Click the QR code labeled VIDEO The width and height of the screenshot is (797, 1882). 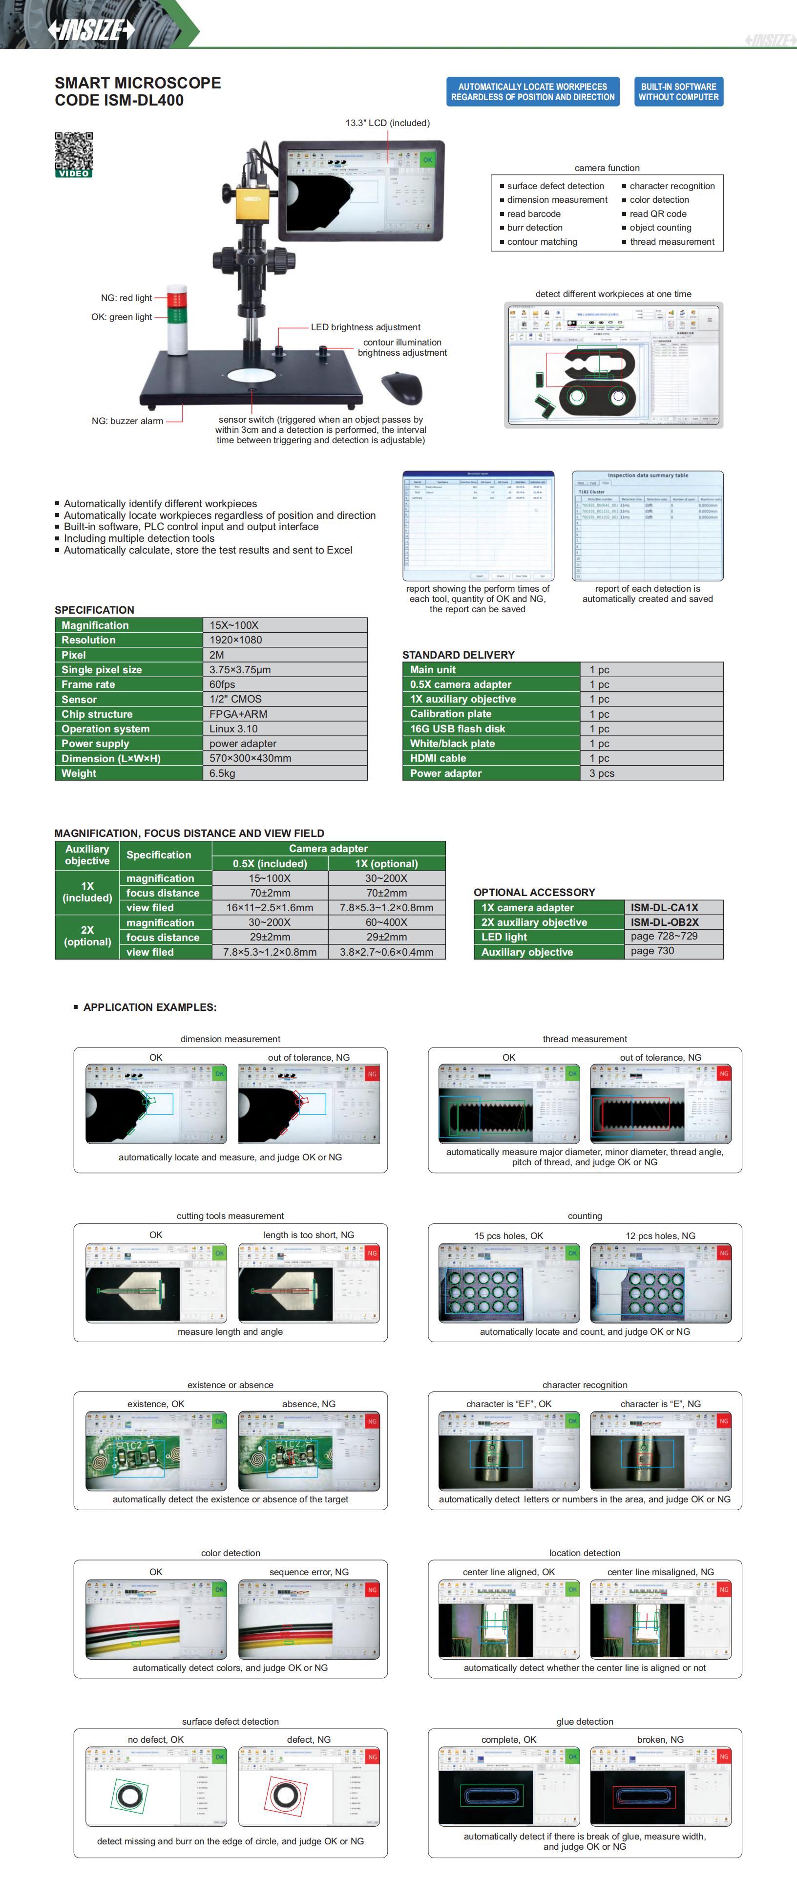(x=74, y=151)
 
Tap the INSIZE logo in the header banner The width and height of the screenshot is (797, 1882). (x=92, y=30)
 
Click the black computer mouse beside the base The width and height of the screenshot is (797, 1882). (x=402, y=387)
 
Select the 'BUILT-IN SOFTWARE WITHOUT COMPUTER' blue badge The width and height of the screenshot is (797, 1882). (x=678, y=92)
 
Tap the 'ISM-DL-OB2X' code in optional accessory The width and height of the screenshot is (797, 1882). (x=664, y=922)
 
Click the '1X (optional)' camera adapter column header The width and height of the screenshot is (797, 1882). (x=386, y=863)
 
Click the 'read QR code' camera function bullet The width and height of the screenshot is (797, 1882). (x=657, y=214)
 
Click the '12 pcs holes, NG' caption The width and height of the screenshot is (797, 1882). (x=660, y=1236)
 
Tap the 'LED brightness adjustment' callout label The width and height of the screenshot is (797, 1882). (x=365, y=327)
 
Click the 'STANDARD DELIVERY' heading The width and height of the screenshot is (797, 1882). (x=458, y=655)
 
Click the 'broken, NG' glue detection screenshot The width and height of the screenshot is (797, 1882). (x=660, y=1786)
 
